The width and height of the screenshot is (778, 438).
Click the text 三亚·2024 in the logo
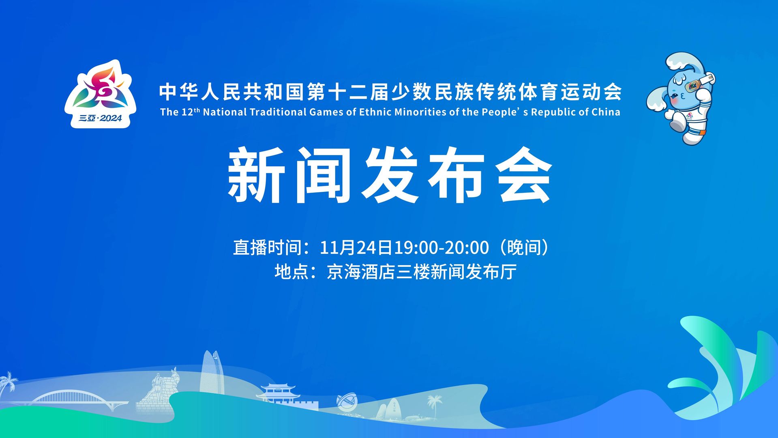click(x=100, y=118)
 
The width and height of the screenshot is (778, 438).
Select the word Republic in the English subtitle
click(x=550, y=112)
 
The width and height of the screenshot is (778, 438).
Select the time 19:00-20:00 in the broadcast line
click(x=441, y=248)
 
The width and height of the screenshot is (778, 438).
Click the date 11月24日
click(x=356, y=248)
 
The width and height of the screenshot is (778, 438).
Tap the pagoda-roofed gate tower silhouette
click(x=278, y=392)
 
